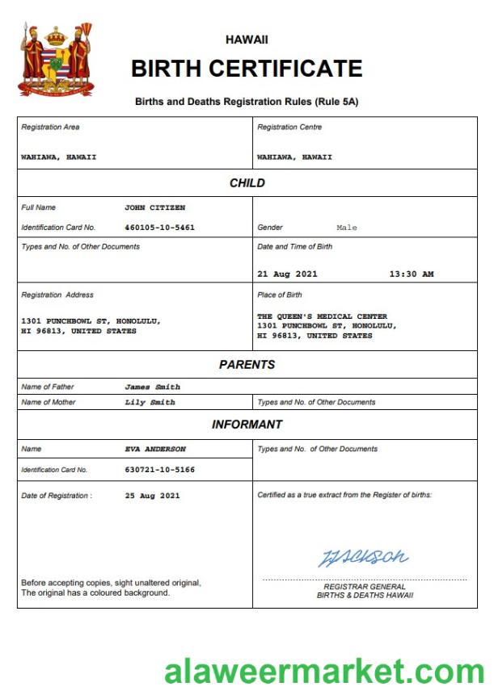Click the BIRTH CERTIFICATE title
pyautogui.click(x=247, y=69)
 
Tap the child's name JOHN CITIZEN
pyautogui.click(x=154, y=207)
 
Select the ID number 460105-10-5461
pyautogui.click(x=159, y=228)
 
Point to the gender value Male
pyautogui.click(x=346, y=228)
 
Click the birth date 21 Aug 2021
pyautogui.click(x=287, y=274)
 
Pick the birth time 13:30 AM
pyautogui.click(x=411, y=274)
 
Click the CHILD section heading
pyautogui.click(x=247, y=183)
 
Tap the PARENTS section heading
pyautogui.click(x=247, y=365)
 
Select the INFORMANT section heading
pyautogui.click(x=247, y=425)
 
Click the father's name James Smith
pyautogui.click(x=152, y=387)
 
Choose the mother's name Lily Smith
pyautogui.click(x=150, y=402)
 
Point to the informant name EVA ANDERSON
pyautogui.click(x=155, y=449)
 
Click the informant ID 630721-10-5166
pyautogui.click(x=159, y=469)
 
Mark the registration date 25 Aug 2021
pyautogui.click(x=152, y=496)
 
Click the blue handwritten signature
pyautogui.click(x=363, y=557)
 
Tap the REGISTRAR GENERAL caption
pyautogui.click(x=365, y=587)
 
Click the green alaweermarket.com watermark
pyautogui.click(x=323, y=672)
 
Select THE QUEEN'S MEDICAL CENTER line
pyautogui.click(x=322, y=316)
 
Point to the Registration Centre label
pyautogui.click(x=289, y=128)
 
